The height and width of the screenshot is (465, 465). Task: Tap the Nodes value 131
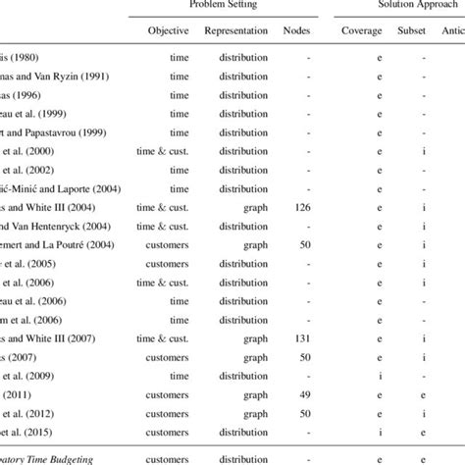pyautogui.click(x=302, y=337)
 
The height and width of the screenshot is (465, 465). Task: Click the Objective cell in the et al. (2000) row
pyautogui.click(x=168, y=151)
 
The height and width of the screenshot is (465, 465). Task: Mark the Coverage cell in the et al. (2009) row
pyautogui.click(x=364, y=375)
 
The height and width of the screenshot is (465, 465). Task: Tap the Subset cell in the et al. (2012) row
pyautogui.click(x=423, y=412)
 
